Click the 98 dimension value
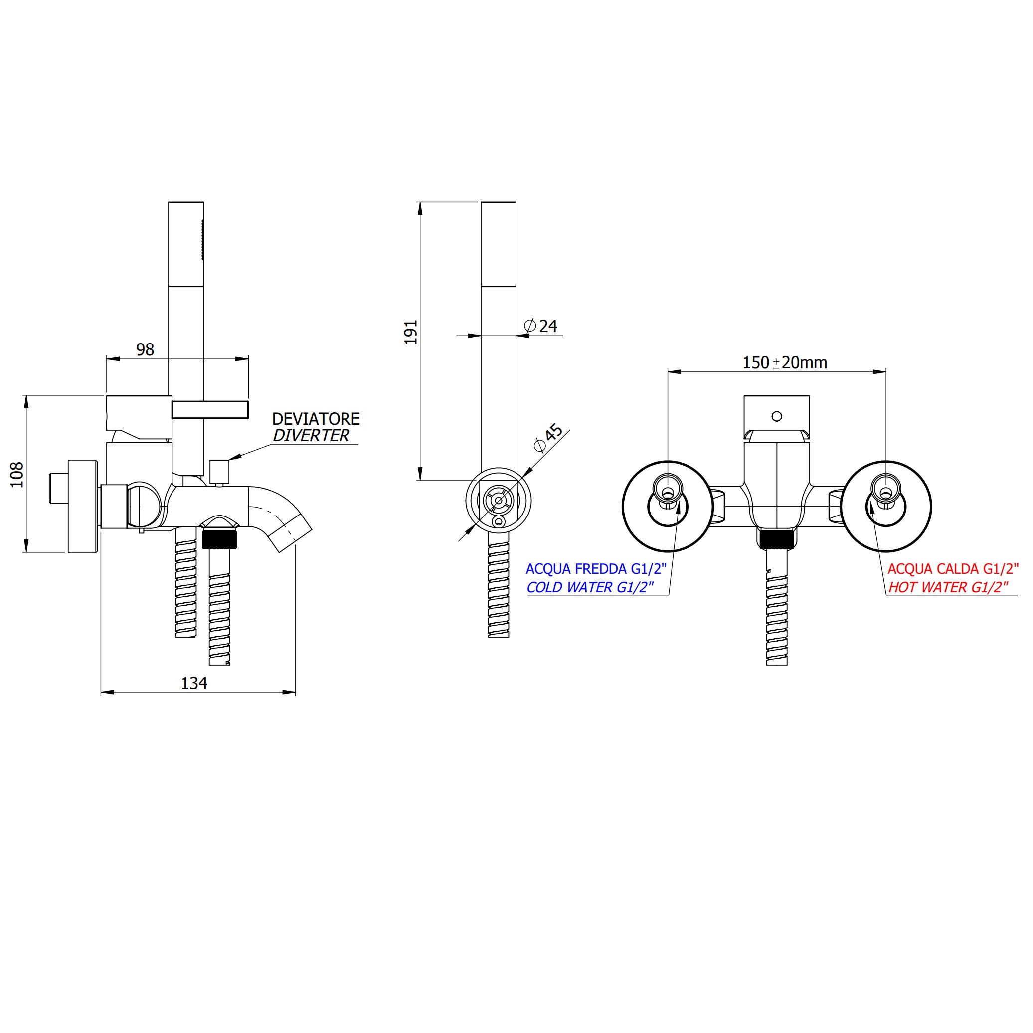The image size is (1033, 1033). coord(145,349)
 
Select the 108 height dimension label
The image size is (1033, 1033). coord(17,474)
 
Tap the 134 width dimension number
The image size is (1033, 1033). coord(194,684)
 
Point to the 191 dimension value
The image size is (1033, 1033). coord(411,332)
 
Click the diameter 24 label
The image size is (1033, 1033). coord(541,326)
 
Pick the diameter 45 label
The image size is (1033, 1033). coord(548,438)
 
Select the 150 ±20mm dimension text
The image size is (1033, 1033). coord(784,363)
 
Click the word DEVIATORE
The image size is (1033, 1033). coord(316,419)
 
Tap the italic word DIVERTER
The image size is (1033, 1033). coord(311,436)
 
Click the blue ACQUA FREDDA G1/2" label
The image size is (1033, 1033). coord(596,569)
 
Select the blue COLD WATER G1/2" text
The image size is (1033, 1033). coord(590,587)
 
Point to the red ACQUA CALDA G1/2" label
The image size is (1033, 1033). coord(953,569)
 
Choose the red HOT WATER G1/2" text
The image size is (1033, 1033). coord(948,587)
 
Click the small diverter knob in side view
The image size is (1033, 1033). coord(219,471)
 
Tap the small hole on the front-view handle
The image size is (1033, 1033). coord(777,416)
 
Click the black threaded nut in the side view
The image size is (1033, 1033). coord(219,538)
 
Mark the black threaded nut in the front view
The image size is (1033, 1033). coord(777,539)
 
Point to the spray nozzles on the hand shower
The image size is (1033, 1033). coord(202,240)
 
